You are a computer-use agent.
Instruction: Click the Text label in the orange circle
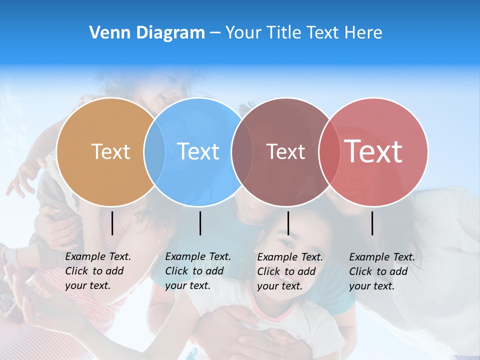[x=110, y=151]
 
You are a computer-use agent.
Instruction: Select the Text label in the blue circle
[x=198, y=151]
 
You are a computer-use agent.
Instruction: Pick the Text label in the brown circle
[x=285, y=151]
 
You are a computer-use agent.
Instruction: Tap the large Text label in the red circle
[x=373, y=151]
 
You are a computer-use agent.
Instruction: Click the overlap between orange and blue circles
[x=154, y=151]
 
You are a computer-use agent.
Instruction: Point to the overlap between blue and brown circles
[x=242, y=151]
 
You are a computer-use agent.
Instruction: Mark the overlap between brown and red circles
[x=329, y=151]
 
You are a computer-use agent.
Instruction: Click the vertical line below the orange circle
[x=112, y=223]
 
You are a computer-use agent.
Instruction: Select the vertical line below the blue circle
[x=200, y=223]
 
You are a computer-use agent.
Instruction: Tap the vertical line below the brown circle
[x=288, y=223]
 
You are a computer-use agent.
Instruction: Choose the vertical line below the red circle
[x=372, y=223]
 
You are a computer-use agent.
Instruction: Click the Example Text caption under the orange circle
[x=97, y=271]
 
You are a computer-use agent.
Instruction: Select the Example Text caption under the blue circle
[x=197, y=271]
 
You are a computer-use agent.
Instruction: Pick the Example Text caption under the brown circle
[x=289, y=271]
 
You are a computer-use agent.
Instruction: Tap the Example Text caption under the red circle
[x=381, y=271]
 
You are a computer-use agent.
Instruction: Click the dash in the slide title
[x=215, y=33]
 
